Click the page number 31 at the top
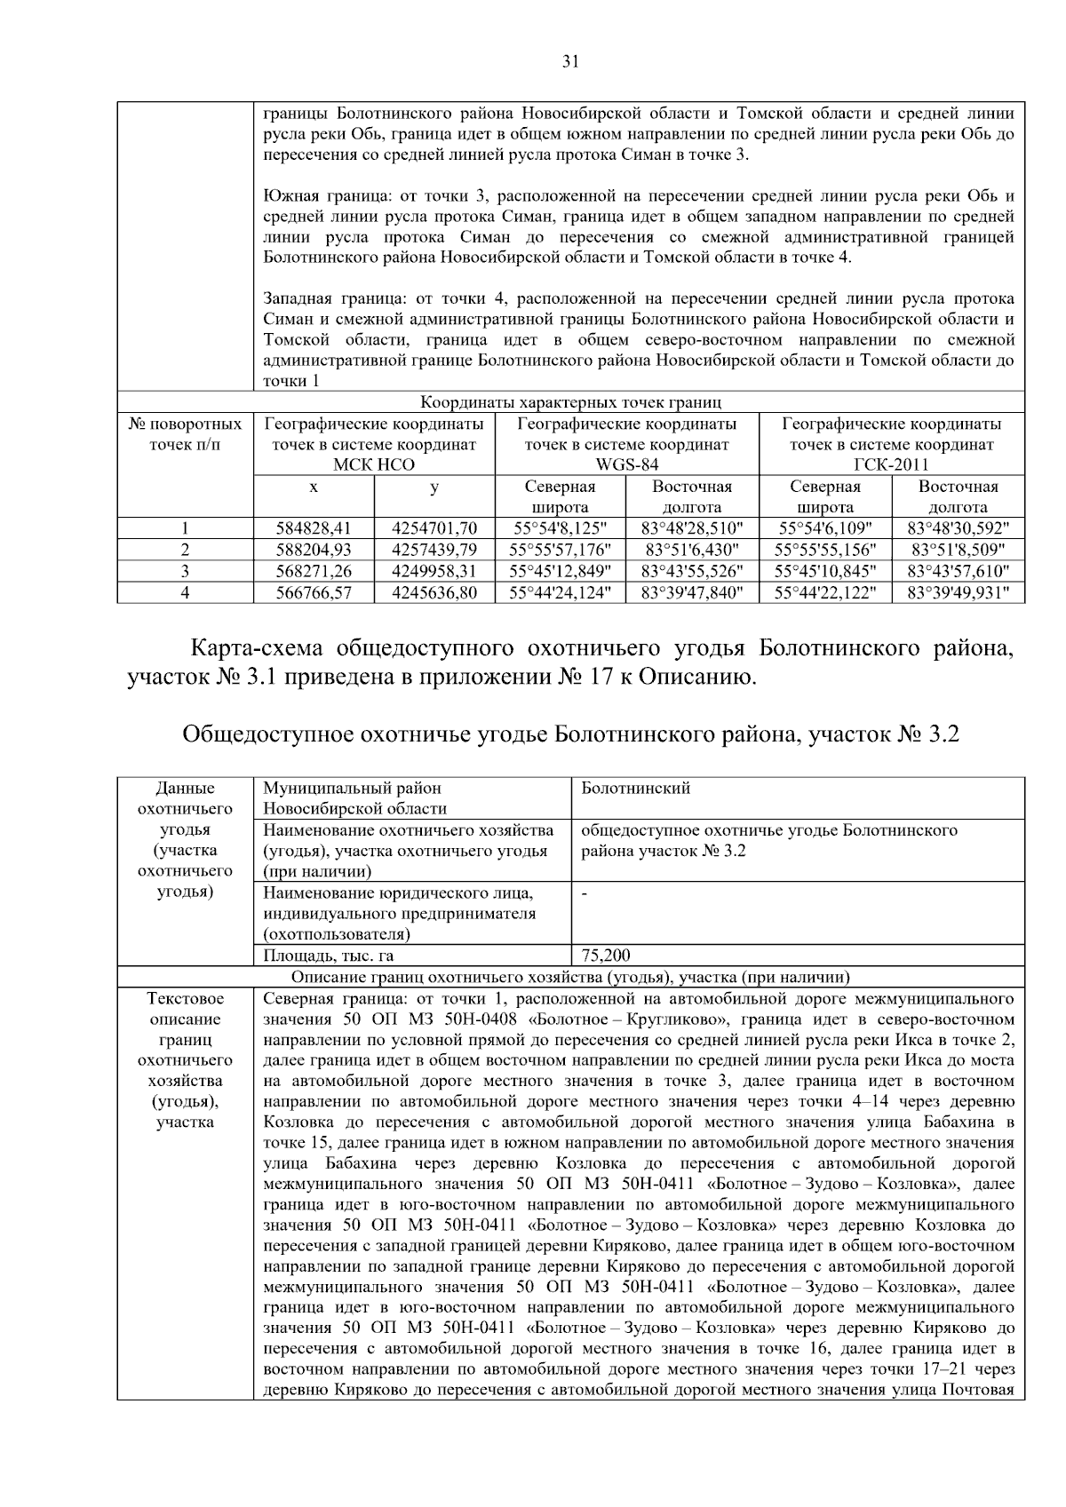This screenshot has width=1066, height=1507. click(x=570, y=61)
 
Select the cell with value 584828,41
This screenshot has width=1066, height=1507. click(x=314, y=528)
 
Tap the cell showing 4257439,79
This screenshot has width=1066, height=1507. click(x=434, y=550)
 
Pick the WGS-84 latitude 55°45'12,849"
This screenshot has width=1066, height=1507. click(x=560, y=570)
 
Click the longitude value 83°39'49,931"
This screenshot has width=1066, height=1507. click(x=958, y=591)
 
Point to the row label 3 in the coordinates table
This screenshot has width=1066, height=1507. click(x=185, y=570)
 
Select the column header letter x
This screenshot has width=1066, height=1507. click(x=314, y=488)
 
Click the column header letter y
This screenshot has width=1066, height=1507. click(x=434, y=488)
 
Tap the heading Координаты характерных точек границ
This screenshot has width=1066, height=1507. click(x=570, y=402)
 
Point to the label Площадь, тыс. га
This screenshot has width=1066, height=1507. click(x=329, y=956)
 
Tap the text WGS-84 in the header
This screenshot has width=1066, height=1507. click(x=626, y=464)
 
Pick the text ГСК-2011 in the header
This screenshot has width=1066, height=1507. click(x=891, y=464)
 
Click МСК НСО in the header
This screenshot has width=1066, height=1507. click(x=373, y=464)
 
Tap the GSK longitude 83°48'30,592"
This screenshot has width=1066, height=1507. click(x=958, y=528)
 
